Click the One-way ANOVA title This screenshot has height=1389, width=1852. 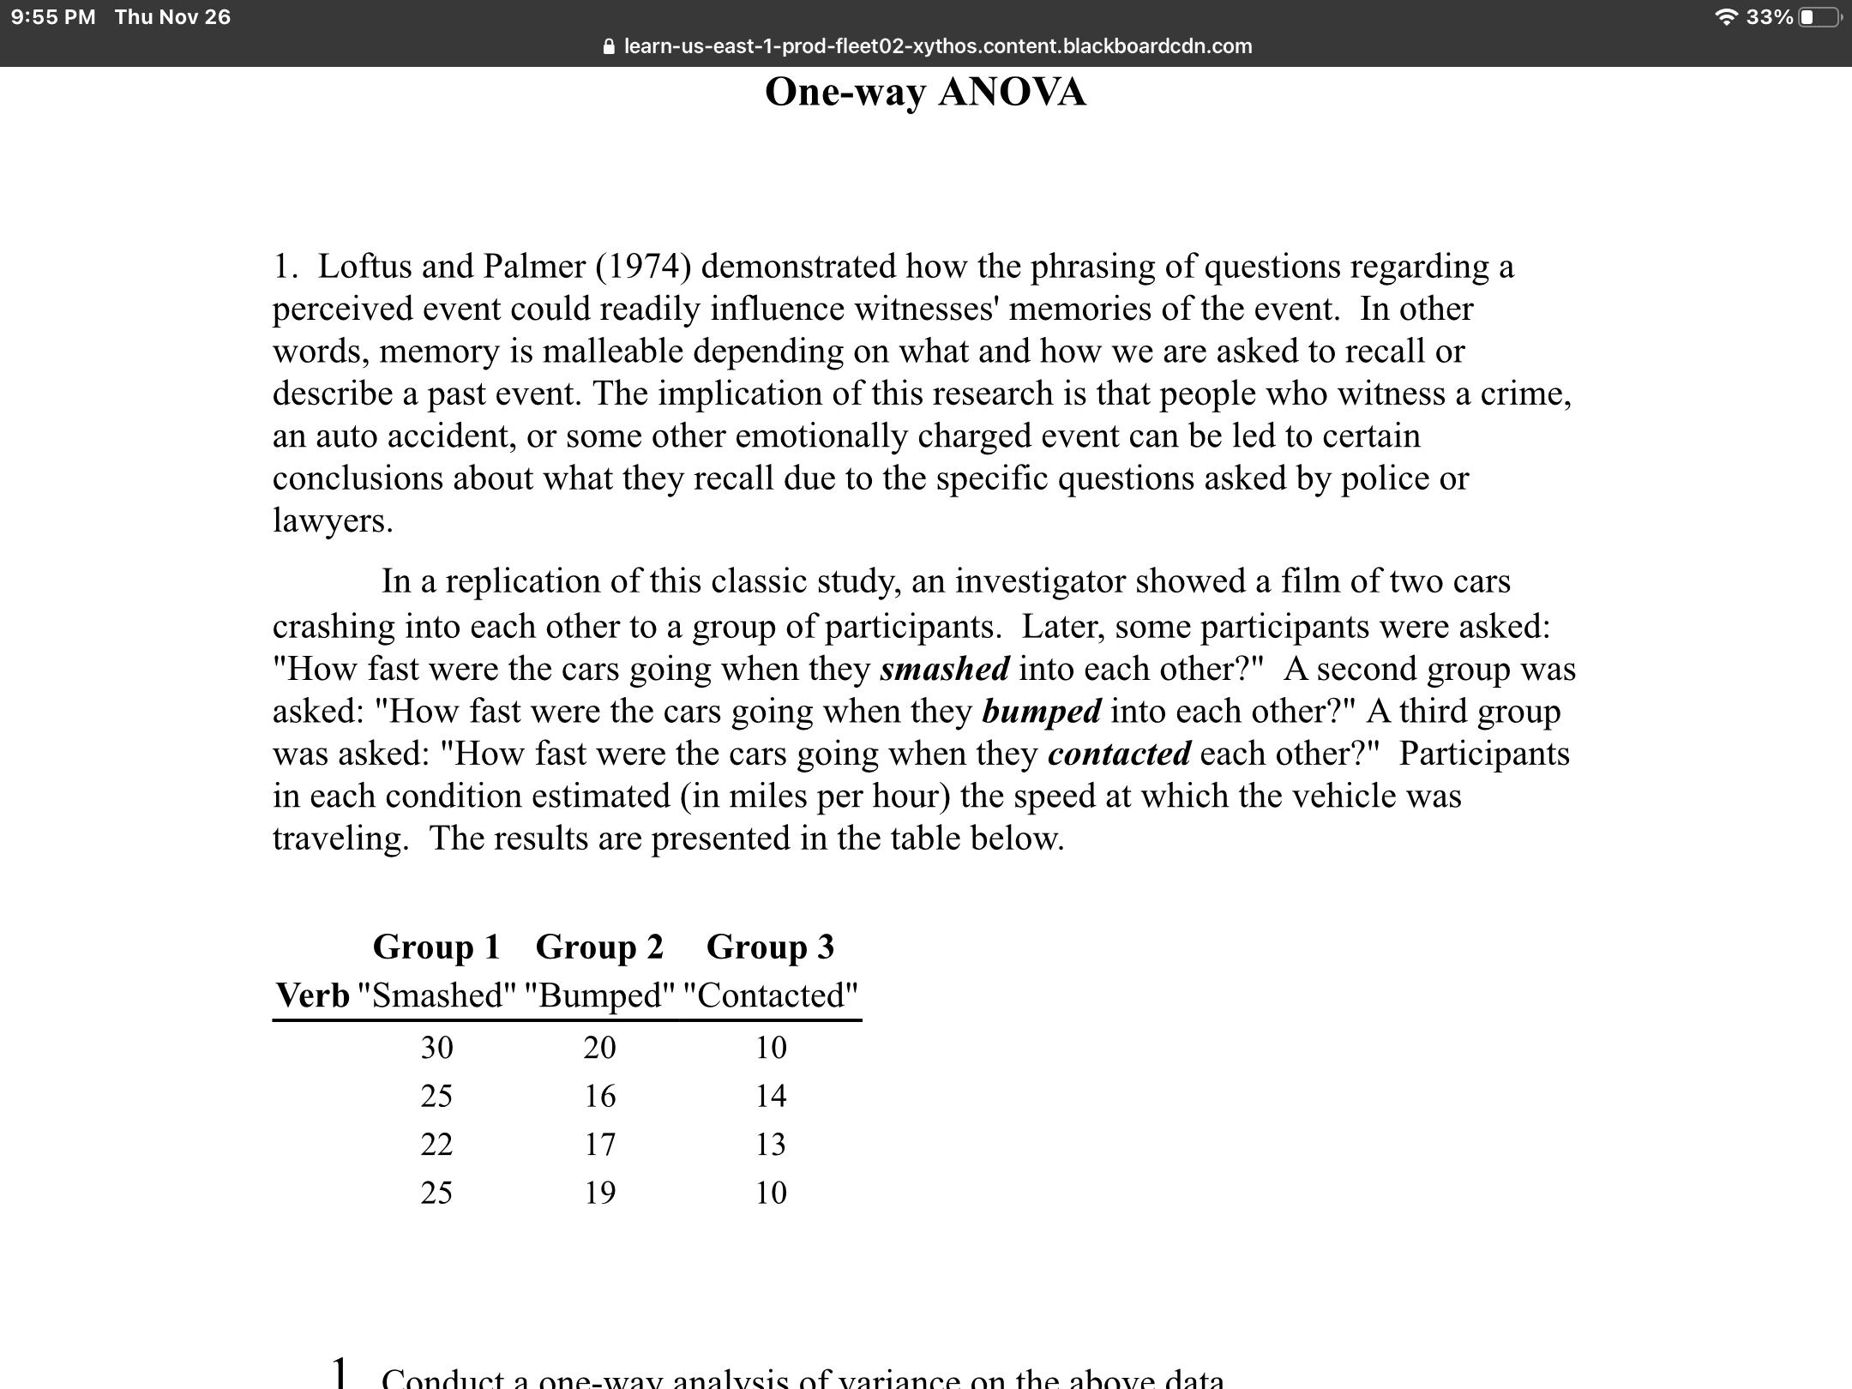click(x=925, y=92)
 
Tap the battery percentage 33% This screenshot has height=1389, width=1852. click(x=1769, y=17)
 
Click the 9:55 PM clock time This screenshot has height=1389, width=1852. click(x=53, y=17)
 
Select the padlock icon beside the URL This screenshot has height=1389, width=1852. click(x=609, y=46)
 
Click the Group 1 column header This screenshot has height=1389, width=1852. click(x=436, y=947)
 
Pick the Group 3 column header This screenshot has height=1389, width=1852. click(x=770, y=947)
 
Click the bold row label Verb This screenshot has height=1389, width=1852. click(x=312, y=995)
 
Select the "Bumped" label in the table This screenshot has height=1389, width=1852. click(x=599, y=995)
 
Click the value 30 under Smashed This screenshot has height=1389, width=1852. click(x=436, y=1048)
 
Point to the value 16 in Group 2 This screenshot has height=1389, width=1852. click(x=599, y=1096)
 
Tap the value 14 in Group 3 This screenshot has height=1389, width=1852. click(x=770, y=1096)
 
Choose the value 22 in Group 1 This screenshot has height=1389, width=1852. click(x=436, y=1144)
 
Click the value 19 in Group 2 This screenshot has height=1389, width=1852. click(x=599, y=1193)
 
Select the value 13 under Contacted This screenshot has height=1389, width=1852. click(x=770, y=1144)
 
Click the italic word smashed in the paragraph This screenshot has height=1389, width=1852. click(x=945, y=670)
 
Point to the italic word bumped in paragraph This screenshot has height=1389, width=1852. click(x=1041, y=712)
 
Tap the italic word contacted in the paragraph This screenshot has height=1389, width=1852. click(x=1119, y=754)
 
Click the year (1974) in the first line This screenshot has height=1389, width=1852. click(x=639, y=267)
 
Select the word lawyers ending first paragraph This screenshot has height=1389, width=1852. click(x=333, y=520)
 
